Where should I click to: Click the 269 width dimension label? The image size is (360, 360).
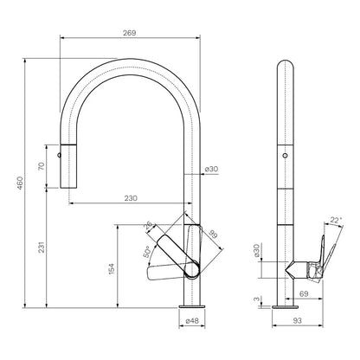coord(130,33)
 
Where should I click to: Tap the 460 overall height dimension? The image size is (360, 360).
coord(20,183)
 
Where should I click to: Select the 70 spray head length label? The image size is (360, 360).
coord(42,166)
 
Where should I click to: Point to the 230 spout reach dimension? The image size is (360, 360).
coord(131,198)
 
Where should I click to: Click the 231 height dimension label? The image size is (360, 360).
coord(42,247)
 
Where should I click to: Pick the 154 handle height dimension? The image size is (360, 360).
coord(112,268)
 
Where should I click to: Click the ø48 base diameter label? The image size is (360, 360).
coord(192,320)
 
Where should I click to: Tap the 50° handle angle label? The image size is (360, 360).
coord(146,252)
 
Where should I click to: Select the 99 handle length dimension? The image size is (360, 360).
coord(213,234)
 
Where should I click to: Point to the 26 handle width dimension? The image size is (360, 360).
coord(149,226)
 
